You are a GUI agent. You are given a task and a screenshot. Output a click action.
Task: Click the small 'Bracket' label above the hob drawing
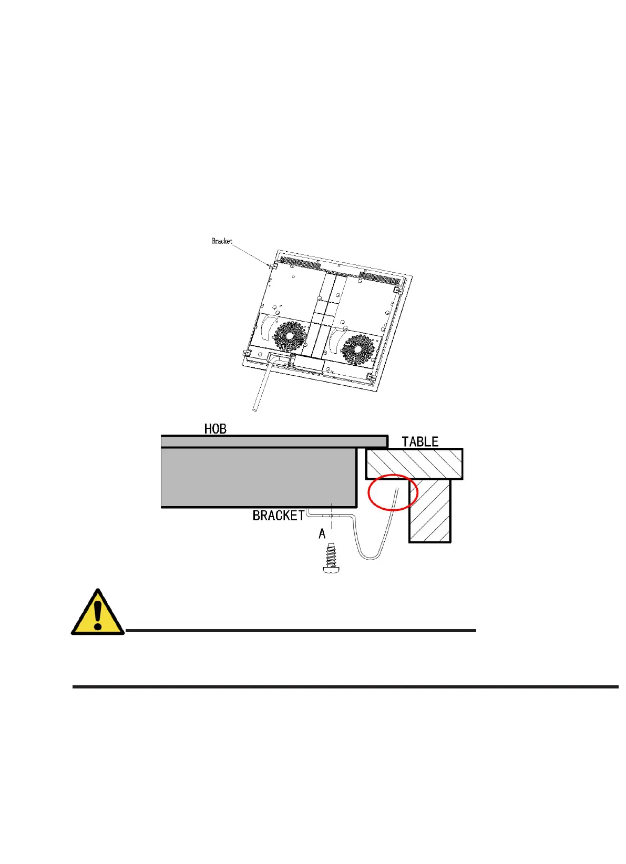(x=222, y=241)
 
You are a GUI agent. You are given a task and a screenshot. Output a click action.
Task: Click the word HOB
(x=215, y=429)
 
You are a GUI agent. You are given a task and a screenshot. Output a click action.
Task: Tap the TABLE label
(x=420, y=441)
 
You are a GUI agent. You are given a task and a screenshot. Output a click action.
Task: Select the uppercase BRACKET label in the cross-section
(x=279, y=516)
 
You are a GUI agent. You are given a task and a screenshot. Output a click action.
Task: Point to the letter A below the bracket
(x=322, y=534)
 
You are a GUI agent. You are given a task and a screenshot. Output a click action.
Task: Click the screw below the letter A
(x=331, y=559)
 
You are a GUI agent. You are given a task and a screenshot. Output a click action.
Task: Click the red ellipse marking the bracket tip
(x=393, y=492)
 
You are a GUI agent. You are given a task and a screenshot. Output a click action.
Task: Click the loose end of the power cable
(x=255, y=408)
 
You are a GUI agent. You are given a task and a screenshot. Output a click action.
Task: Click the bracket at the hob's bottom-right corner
(x=370, y=377)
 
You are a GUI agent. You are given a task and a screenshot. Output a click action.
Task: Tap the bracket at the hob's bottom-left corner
(x=246, y=353)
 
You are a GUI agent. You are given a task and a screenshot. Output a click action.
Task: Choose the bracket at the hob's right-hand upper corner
(x=398, y=290)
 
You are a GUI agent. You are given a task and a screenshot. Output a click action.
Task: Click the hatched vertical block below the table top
(x=430, y=510)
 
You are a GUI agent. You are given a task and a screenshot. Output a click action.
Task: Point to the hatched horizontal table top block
(x=414, y=464)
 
